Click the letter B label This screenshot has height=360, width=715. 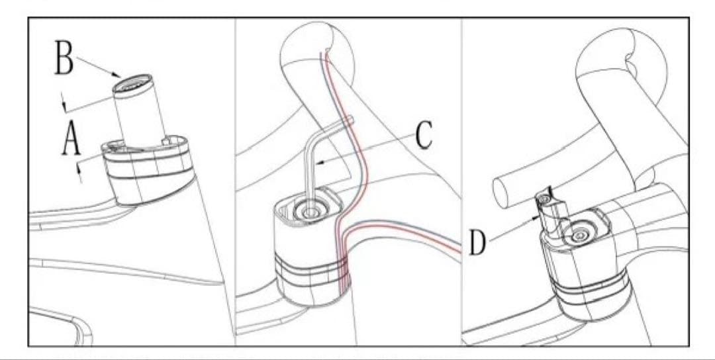tap(64, 58)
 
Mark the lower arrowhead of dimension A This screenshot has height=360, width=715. tap(80, 170)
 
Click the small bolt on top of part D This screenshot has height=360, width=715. tap(543, 199)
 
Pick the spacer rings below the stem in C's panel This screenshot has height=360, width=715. tap(310, 270)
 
